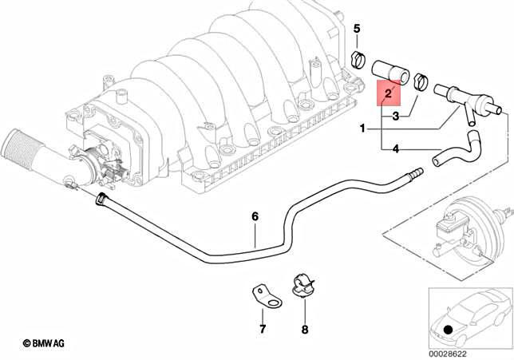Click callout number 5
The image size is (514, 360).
(x=358, y=30)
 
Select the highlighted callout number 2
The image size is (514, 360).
(x=388, y=95)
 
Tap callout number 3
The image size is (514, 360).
(x=394, y=117)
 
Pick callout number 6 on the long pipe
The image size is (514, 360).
(x=255, y=216)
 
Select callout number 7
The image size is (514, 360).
(x=261, y=329)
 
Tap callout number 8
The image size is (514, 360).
(x=304, y=329)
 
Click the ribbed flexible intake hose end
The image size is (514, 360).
(x=17, y=147)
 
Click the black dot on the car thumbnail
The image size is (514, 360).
(x=448, y=330)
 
